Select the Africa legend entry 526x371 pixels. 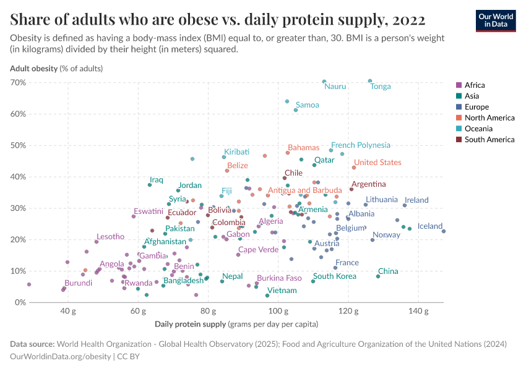click(x=474, y=85)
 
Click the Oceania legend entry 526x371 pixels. click(x=478, y=129)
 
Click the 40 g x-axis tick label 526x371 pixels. click(x=68, y=310)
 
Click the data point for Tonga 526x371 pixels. click(x=370, y=81)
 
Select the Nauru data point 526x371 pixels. click(x=324, y=82)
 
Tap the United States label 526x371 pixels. click(x=377, y=163)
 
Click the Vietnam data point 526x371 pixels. click(x=267, y=296)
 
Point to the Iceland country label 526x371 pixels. click(x=430, y=226)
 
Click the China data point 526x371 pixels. click(x=378, y=276)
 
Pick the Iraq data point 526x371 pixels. click(x=150, y=185)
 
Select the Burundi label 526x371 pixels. click(x=78, y=283)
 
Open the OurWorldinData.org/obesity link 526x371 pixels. click(x=61, y=356)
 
